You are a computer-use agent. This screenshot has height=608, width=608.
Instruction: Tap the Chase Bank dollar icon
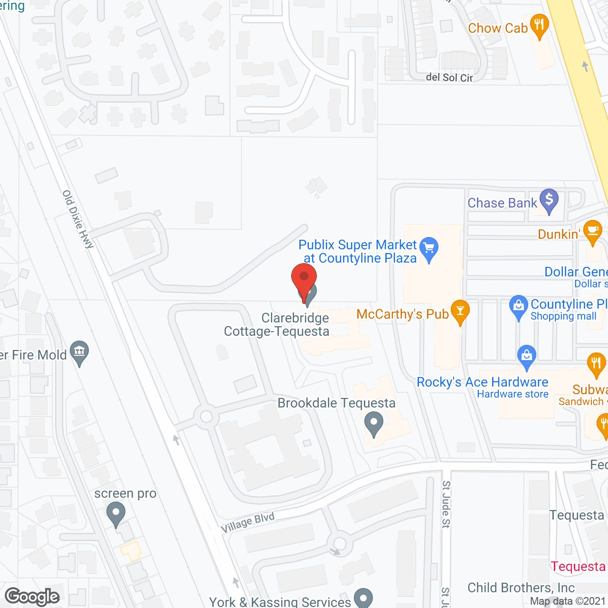click(549, 200)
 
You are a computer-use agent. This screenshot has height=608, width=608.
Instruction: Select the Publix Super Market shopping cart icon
click(429, 248)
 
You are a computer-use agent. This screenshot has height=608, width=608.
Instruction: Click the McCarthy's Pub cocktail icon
click(460, 312)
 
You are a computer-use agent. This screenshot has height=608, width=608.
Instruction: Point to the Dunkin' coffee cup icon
click(592, 231)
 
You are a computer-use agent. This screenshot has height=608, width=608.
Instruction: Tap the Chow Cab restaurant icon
click(539, 25)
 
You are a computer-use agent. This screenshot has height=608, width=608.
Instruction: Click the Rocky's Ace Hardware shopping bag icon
click(526, 356)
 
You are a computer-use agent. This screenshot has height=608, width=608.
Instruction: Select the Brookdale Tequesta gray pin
click(374, 423)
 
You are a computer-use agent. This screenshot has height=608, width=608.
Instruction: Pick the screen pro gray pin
click(115, 514)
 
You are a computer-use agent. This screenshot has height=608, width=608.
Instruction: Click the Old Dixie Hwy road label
click(78, 219)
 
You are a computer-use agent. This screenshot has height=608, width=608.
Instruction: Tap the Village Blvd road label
click(248, 522)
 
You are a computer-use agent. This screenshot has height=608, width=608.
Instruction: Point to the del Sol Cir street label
click(449, 77)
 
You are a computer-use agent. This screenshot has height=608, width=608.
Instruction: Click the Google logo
click(32, 597)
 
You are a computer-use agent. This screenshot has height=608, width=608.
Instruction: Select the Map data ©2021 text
click(568, 601)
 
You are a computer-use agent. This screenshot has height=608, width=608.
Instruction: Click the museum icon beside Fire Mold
click(79, 352)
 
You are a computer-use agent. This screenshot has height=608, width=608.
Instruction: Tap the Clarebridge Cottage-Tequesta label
click(277, 324)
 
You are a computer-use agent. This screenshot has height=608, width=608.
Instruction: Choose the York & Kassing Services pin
click(363, 598)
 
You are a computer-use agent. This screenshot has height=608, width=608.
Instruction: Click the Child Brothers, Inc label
click(521, 588)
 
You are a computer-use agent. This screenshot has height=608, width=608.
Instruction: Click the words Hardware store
click(513, 394)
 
